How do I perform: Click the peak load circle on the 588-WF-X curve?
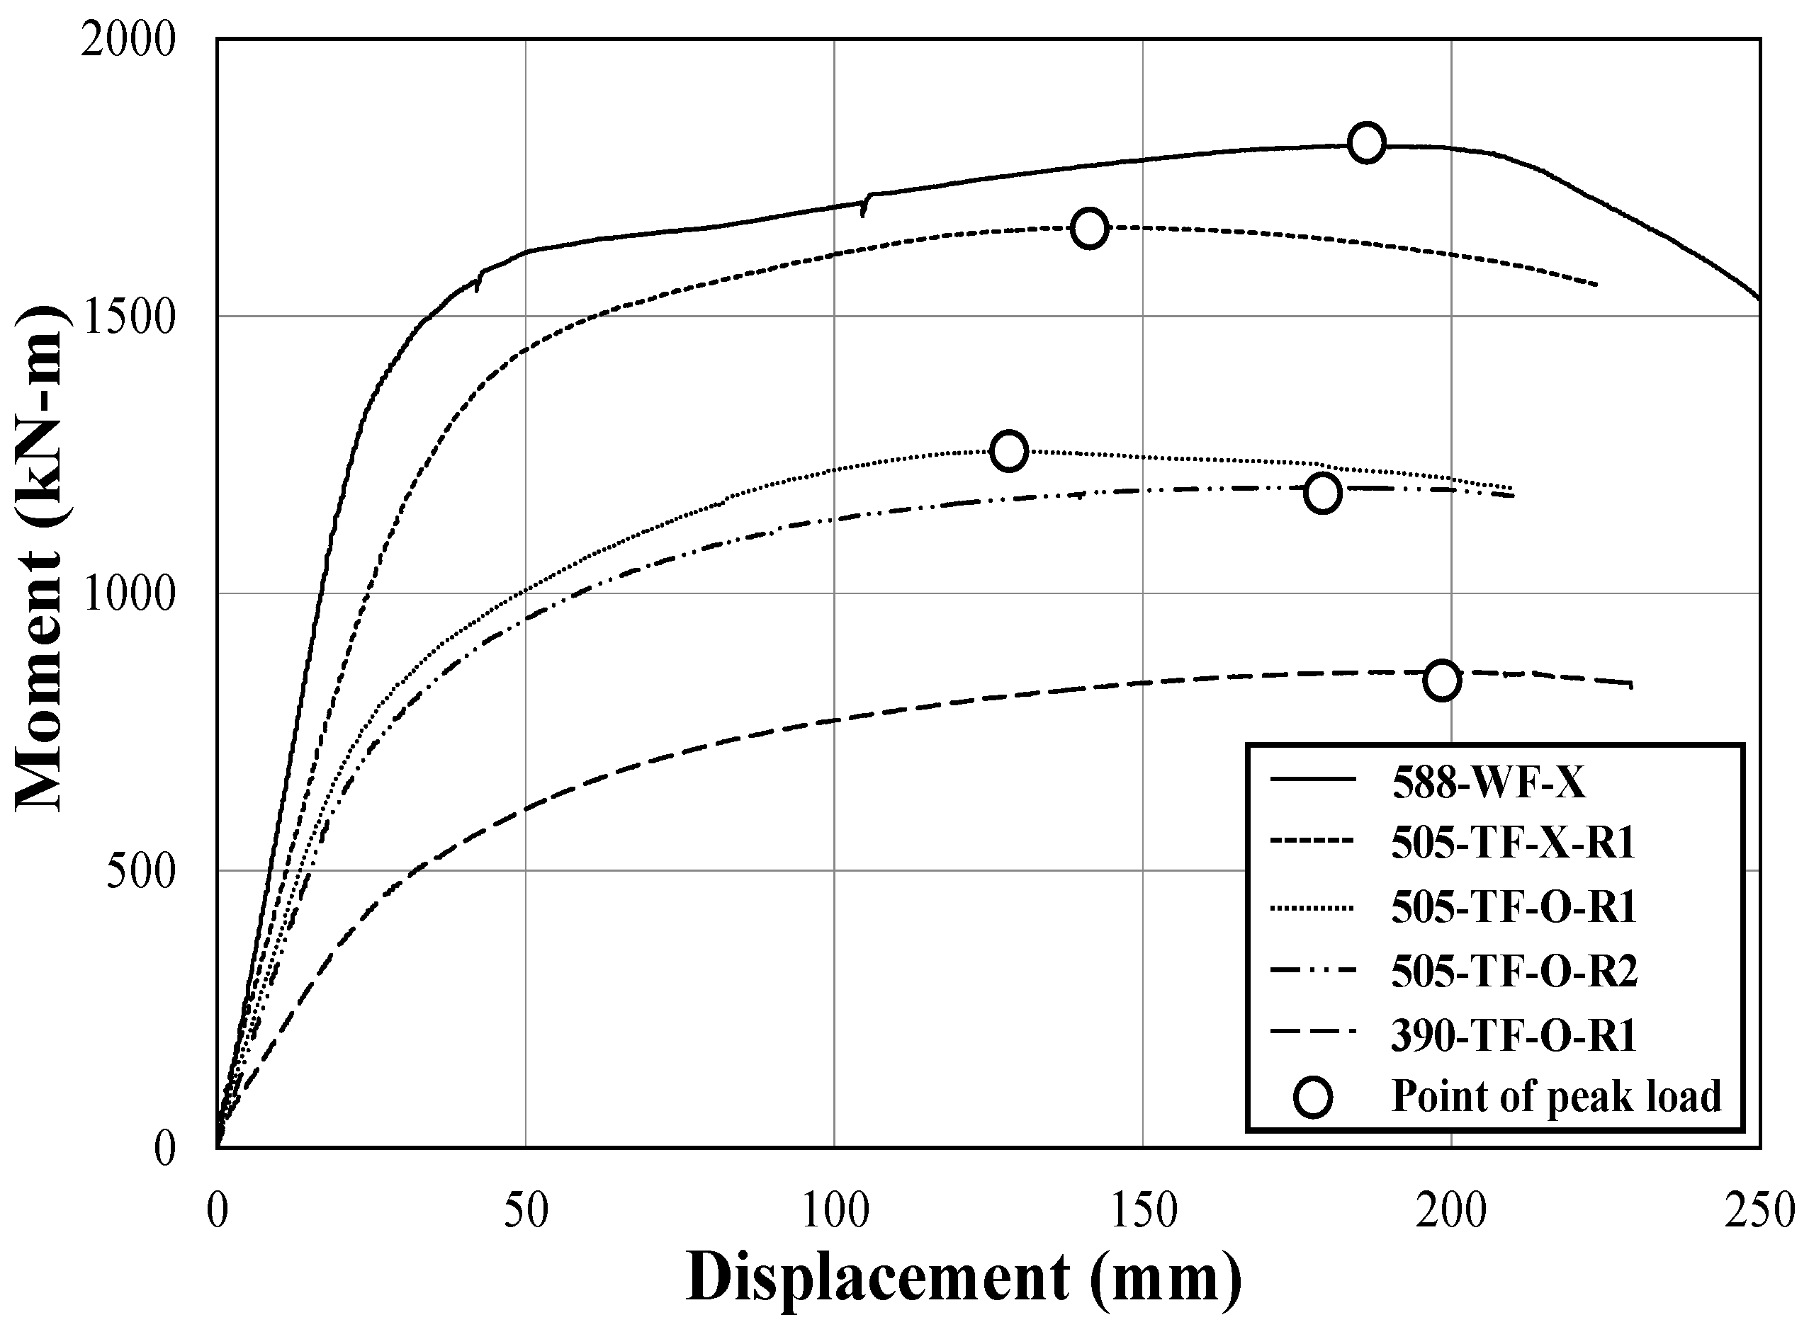pos(1366,143)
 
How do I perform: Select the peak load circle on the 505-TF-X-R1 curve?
pos(1089,228)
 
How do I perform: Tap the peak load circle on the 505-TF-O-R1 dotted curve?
pos(1008,450)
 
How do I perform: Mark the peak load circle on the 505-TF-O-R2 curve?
pos(1323,492)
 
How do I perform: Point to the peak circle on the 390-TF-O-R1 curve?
pos(1442,680)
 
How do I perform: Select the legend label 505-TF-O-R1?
pos(1514,907)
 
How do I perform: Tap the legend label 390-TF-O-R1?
pos(1514,1035)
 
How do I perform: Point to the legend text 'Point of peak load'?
pos(1556,1096)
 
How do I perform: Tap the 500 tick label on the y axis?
pos(140,872)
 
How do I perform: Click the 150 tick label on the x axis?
pos(1142,1212)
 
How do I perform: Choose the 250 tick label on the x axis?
pos(1759,1212)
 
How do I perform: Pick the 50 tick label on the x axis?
pos(526,1212)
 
